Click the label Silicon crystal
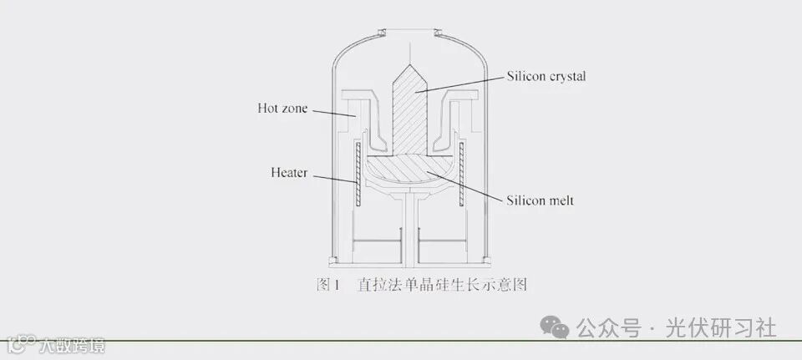[x=546, y=76]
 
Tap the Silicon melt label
[x=540, y=200]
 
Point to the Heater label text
[x=289, y=174]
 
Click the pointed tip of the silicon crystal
[x=409, y=64]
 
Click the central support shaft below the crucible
[x=409, y=226]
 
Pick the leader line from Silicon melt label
[x=468, y=188]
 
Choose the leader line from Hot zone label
[x=334, y=111]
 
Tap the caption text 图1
[x=326, y=285]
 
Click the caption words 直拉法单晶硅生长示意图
[x=442, y=285]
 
